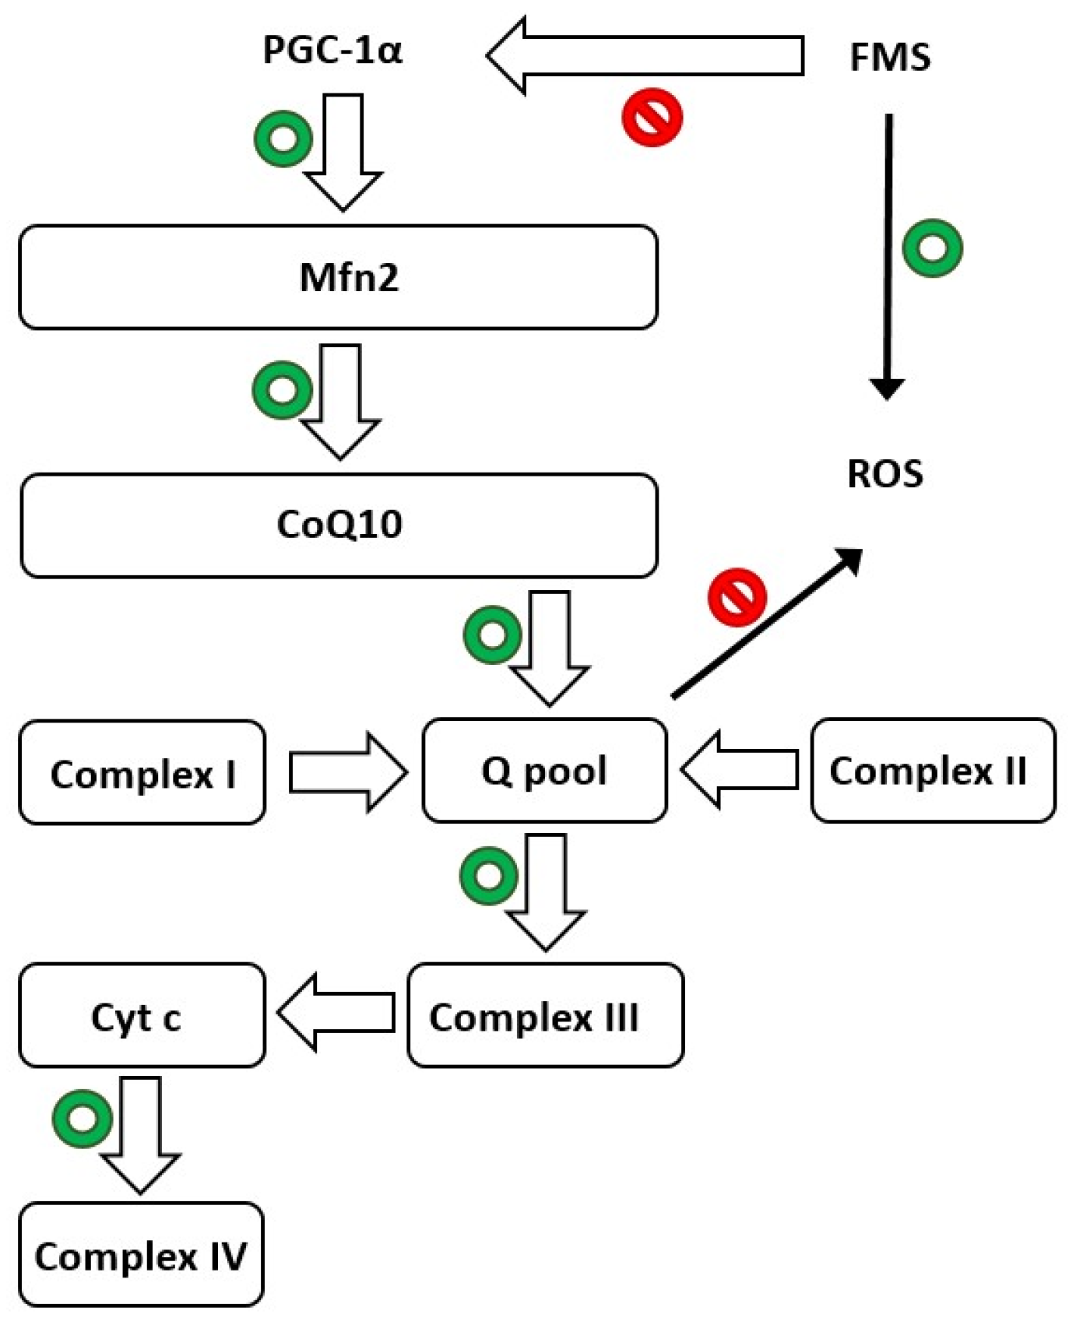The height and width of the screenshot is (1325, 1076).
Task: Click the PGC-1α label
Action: pos(332,51)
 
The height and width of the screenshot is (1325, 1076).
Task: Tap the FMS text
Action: pos(890,58)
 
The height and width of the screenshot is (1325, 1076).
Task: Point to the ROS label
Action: pos(885,473)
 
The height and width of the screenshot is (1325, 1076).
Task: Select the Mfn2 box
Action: pos(339,277)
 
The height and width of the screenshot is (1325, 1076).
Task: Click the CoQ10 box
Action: pos(339,525)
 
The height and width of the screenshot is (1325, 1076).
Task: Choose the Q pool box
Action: pos(545,771)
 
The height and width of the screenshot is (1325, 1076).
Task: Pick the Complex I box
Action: pos(142,772)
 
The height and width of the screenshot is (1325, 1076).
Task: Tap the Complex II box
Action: pos(934,771)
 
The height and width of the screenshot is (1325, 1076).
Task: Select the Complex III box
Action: pos(546,1015)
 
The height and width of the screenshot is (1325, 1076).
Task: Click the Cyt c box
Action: pos(142,1015)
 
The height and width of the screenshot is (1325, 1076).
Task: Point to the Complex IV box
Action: pos(142,1254)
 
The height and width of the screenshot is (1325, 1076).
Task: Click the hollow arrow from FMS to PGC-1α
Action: pos(645,55)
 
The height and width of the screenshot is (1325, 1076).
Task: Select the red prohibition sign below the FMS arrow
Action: pos(652,118)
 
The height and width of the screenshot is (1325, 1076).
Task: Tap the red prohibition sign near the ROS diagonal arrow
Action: pos(737,598)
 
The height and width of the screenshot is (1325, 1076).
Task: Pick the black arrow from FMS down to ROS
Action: pos(888,257)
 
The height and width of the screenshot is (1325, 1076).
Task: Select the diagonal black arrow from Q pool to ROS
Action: pos(767,623)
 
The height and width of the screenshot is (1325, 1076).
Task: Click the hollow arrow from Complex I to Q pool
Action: pos(348,773)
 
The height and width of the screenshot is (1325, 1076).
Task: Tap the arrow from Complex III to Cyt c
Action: pos(336,1013)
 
